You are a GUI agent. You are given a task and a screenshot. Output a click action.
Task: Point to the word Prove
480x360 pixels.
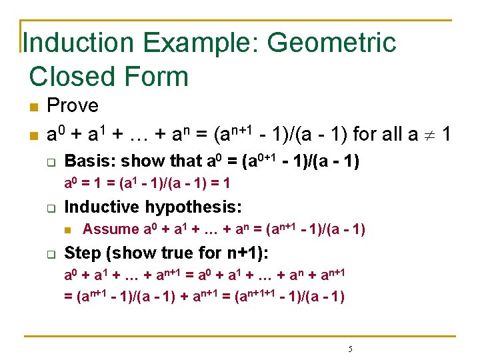(73, 106)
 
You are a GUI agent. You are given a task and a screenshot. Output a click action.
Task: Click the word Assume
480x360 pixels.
(111, 230)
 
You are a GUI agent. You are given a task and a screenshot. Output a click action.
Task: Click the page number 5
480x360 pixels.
(351, 349)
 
